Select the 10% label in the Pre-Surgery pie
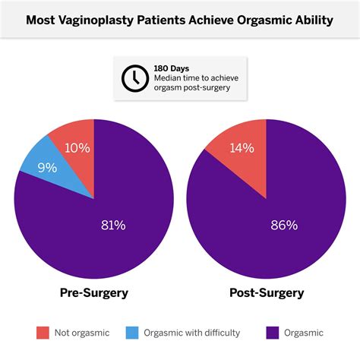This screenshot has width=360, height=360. coord(77,147)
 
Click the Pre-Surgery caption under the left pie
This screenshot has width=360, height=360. coord(93,292)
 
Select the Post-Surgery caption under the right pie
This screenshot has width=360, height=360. coord(267,292)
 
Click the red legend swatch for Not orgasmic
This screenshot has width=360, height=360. coord(42,332)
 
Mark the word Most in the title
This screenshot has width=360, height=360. coord(42,20)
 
